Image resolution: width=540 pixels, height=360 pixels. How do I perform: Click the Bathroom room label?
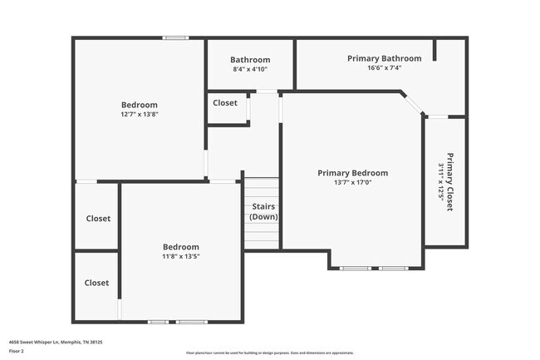(250, 60)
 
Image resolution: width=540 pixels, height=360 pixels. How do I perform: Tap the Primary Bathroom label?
(384, 58)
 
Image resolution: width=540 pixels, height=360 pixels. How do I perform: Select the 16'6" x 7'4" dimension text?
(384, 68)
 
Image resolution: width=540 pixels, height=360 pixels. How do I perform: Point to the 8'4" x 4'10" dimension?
(250, 69)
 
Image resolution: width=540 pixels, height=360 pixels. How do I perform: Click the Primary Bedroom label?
(352, 173)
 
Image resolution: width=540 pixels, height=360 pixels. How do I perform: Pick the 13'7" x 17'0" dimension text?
(352, 182)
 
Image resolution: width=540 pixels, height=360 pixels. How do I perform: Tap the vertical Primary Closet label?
(449, 182)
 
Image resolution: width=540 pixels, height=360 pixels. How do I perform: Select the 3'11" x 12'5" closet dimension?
(440, 182)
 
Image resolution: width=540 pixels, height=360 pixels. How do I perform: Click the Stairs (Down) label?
(263, 211)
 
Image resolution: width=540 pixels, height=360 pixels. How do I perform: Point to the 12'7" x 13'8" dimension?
(140, 115)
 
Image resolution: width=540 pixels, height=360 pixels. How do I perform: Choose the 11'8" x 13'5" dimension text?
(180, 256)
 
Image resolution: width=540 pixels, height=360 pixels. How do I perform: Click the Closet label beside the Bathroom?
(225, 103)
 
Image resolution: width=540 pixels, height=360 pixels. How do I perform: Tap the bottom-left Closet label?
(96, 283)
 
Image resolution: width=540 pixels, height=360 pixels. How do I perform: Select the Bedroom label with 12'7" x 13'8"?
(140, 105)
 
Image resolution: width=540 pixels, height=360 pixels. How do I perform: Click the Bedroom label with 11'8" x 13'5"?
(180, 247)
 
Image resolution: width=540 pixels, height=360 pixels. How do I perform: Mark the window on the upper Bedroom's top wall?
(174, 37)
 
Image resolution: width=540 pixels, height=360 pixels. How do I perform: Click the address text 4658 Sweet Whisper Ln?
(55, 342)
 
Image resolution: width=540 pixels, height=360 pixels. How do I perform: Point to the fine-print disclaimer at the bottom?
(269, 353)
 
